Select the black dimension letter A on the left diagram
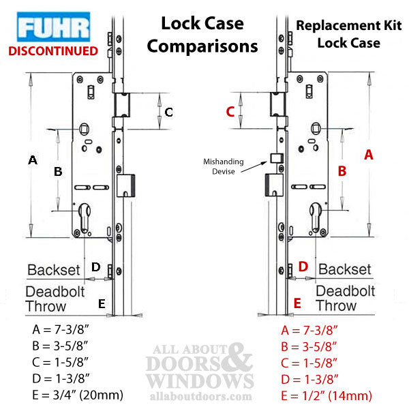(x=31, y=160)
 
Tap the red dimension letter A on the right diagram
(x=369, y=155)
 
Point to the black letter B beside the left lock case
(x=59, y=172)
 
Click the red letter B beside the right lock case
(x=343, y=172)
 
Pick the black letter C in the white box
(x=169, y=112)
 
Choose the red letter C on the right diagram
(x=230, y=112)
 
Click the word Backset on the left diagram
(x=54, y=269)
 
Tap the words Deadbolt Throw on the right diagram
(x=345, y=298)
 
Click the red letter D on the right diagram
(x=303, y=267)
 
